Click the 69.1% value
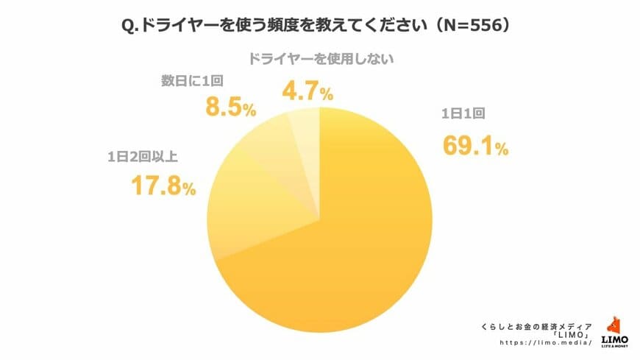click(475, 147)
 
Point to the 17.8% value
click(163, 186)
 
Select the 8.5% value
click(229, 109)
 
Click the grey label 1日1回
click(461, 114)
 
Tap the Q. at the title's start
click(130, 24)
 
